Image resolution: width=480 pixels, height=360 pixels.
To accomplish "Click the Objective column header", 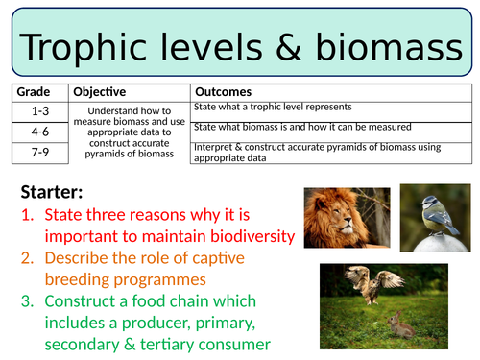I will click(99, 92).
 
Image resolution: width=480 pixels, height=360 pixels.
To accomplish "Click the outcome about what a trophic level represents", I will click(273, 107).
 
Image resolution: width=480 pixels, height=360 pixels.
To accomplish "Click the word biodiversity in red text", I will click(240, 235).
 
